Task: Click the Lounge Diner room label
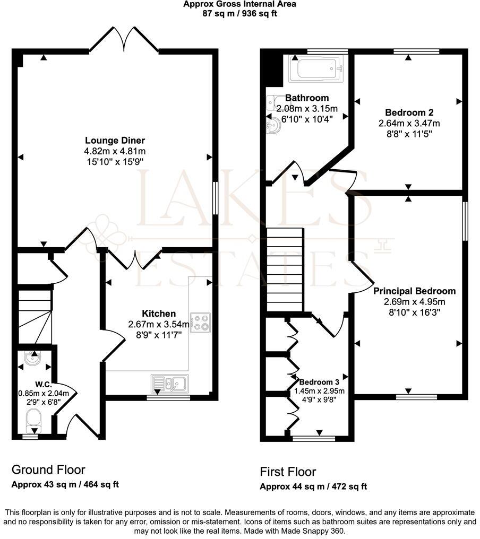(115, 141)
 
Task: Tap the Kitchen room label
(158, 314)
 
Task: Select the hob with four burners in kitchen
(200, 323)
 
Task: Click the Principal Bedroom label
(414, 291)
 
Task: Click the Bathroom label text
(307, 98)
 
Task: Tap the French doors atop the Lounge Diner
(123, 38)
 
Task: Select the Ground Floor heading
(48, 470)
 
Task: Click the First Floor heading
(288, 472)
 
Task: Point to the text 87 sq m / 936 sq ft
(239, 13)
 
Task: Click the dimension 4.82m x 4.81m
(115, 151)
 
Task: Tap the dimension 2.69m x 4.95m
(414, 302)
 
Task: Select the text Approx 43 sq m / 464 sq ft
(65, 484)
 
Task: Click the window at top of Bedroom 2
(416, 51)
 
